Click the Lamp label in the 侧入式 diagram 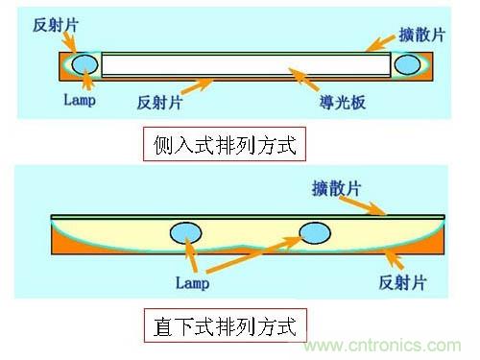tap(79, 100)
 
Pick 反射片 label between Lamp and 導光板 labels tap(159, 101)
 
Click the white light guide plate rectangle tap(246, 64)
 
